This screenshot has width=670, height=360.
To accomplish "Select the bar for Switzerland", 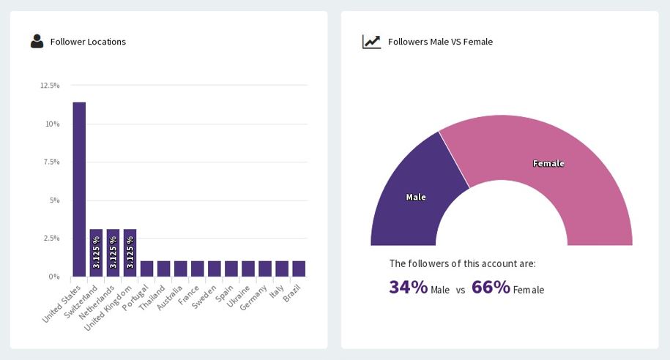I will pyautogui.click(x=96, y=252).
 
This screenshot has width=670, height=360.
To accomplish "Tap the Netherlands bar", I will pyautogui.click(x=113, y=252).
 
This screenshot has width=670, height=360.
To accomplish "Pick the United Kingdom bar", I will pyautogui.click(x=130, y=252).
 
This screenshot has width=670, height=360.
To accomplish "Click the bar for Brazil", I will pyautogui.click(x=299, y=269).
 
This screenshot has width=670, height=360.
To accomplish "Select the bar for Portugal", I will pyautogui.click(x=146, y=269).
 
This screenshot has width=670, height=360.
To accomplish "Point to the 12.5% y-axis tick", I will pyautogui.click(x=50, y=86).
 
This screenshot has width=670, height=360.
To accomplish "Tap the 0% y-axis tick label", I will pyautogui.click(x=53, y=277).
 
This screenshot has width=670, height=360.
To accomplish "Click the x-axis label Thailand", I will pyautogui.click(x=153, y=298).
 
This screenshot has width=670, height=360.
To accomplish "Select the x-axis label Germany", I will pyautogui.click(x=254, y=298).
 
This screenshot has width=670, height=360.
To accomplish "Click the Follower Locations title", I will pyautogui.click(x=88, y=42).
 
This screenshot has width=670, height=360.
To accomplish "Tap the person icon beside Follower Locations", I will pyautogui.click(x=37, y=42).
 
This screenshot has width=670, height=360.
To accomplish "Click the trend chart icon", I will pyautogui.click(x=371, y=42).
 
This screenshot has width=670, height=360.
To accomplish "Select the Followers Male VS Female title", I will pyautogui.click(x=440, y=42).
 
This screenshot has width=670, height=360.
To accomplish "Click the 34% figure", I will pyautogui.click(x=408, y=288).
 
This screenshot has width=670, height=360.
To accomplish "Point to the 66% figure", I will pyautogui.click(x=491, y=288).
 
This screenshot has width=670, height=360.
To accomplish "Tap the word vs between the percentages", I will pyautogui.click(x=461, y=290).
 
